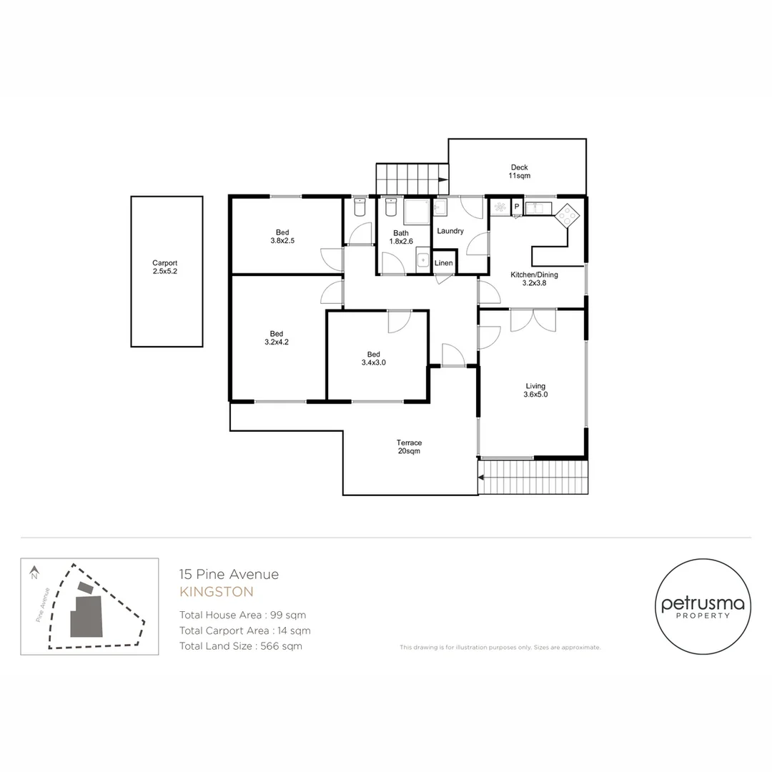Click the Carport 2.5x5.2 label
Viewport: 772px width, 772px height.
(164, 267)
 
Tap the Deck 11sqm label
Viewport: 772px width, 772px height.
(520, 172)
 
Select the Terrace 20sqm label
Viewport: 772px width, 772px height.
(409, 447)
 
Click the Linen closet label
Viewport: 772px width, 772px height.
(444, 263)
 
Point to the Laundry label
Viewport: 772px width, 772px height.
(450, 231)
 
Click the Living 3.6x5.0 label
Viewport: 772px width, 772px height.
(535, 390)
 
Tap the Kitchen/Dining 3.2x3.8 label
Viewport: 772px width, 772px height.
(534, 279)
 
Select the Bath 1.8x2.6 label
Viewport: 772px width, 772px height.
(401, 237)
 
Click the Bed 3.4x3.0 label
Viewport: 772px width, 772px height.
(374, 358)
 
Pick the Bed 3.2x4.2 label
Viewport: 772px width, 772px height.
(277, 337)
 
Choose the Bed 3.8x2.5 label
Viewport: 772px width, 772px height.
(282, 237)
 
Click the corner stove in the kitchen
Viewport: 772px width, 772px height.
(567, 214)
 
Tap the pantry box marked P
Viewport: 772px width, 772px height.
(517, 207)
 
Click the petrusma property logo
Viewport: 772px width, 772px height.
(703, 607)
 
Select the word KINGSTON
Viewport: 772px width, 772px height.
(217, 592)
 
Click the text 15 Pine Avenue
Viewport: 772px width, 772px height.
(229, 574)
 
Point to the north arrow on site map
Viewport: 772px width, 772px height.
(34, 573)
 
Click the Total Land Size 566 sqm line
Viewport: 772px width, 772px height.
(241, 646)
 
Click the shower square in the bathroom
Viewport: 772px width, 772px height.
(417, 212)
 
